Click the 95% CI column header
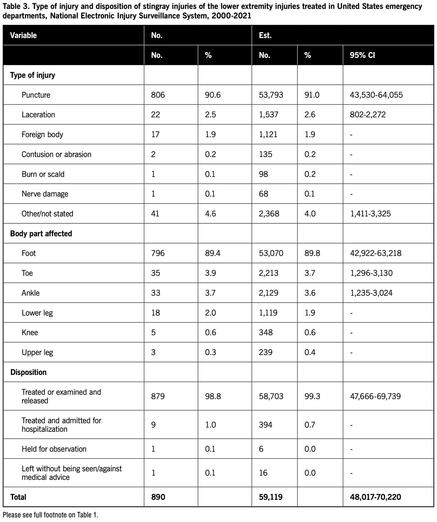point(362,55)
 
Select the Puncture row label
point(36,95)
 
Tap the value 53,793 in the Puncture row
point(271,95)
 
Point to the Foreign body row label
point(42,135)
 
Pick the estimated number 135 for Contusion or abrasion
point(265,154)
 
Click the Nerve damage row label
point(45,194)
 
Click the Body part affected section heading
point(41,234)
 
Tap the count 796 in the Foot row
point(158,253)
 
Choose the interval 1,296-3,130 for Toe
point(371,273)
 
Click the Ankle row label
point(31,293)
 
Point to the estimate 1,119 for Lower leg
point(268,312)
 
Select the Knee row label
point(29,332)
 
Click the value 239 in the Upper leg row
point(265,352)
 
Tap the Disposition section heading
point(28,372)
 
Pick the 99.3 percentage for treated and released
point(312,396)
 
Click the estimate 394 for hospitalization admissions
point(265,425)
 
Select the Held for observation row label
point(54,449)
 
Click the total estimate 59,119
point(271,497)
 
